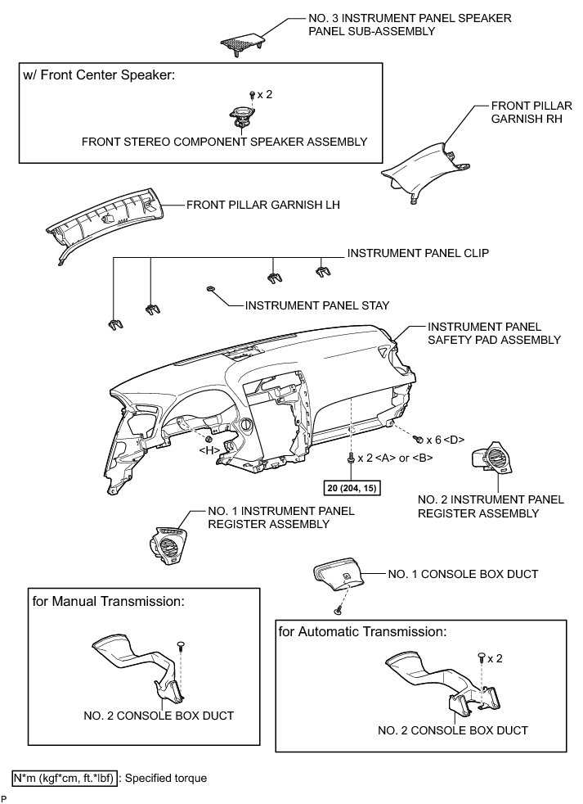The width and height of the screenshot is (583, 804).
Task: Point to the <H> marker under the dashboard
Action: (209, 449)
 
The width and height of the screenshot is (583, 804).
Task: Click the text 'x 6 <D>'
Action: (444, 440)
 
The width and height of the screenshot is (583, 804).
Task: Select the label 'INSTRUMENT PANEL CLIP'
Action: (418, 254)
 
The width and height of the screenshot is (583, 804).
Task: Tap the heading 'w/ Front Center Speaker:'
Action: (99, 75)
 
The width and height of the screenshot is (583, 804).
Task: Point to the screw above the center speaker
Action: (252, 96)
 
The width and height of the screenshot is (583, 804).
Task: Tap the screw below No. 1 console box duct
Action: (337, 610)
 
